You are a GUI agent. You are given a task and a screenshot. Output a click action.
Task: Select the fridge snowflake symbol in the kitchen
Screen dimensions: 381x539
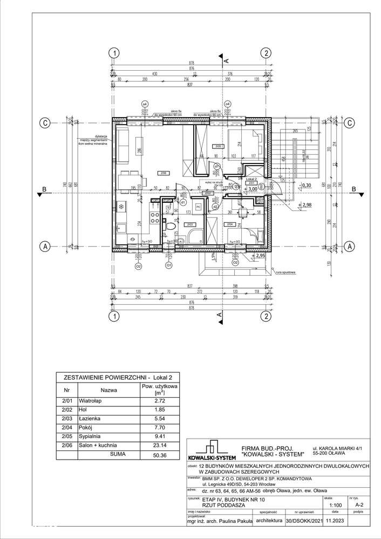(x=121, y=206)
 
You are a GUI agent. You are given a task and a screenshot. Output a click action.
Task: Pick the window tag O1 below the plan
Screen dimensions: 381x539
(x=168, y=265)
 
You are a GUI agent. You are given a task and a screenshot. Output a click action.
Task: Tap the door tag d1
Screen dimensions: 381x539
(x=183, y=202)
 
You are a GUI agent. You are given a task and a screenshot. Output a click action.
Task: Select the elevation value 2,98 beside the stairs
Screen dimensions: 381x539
(x=307, y=205)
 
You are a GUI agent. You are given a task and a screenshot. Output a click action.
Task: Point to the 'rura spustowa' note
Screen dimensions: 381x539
(x=287, y=272)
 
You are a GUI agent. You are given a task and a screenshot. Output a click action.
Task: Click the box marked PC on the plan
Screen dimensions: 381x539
(x=198, y=207)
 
